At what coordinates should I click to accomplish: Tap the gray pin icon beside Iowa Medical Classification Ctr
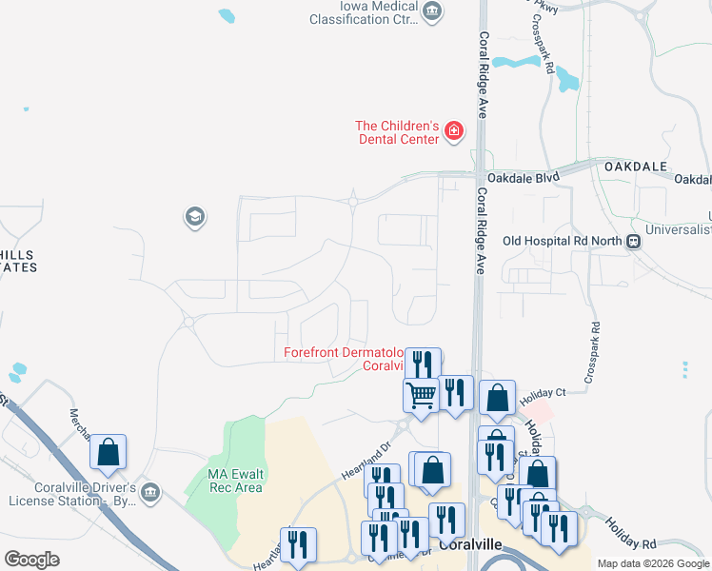[433, 11]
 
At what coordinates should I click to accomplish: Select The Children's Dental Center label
[396, 132]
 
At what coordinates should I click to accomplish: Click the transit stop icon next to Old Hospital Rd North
[632, 242]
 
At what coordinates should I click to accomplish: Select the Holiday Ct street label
[543, 392]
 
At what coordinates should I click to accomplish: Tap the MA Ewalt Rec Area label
[235, 481]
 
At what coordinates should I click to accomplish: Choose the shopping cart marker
[421, 393]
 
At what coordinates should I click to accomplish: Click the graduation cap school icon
[195, 218]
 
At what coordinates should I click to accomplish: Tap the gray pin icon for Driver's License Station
[150, 492]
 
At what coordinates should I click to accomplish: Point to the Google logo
[31, 560]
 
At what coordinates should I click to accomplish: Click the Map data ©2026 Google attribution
[653, 563]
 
